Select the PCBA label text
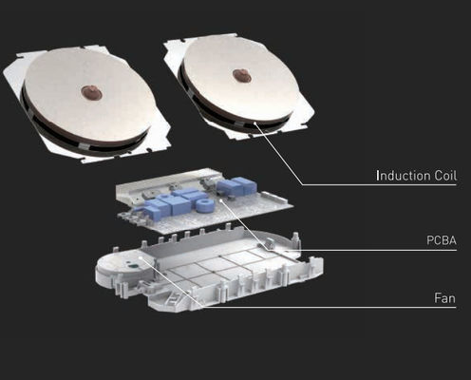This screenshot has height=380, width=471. pos(442,240)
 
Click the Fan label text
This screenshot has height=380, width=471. pos(444,298)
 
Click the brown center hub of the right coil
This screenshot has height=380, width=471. pos(242,76)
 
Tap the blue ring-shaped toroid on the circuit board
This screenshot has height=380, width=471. pos(204,205)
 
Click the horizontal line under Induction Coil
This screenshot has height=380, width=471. pos(379,184)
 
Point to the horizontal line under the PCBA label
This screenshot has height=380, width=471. pos(363,250)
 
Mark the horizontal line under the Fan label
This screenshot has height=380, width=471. pos(330,307)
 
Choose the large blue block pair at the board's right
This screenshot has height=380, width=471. pos(235,186)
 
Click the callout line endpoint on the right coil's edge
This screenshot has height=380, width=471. pos(254,123)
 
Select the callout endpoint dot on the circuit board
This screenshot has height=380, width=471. pos(220,200)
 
